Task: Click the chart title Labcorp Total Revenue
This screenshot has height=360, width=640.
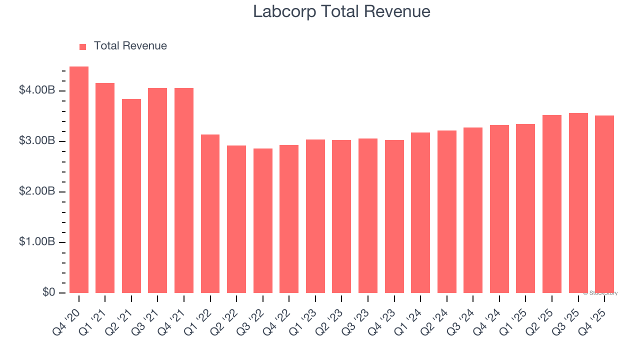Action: click(341, 11)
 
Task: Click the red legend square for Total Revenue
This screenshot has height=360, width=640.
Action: click(82, 46)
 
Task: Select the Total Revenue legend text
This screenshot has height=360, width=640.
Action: click(130, 46)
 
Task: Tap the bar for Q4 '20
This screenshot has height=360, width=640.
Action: click(79, 180)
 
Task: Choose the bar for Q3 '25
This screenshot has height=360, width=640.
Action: click(578, 203)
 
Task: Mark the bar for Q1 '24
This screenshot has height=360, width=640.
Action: click(420, 213)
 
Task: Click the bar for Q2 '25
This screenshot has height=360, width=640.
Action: click(552, 204)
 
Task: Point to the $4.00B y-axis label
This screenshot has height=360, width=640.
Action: click(37, 90)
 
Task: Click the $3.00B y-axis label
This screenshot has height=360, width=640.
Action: click(37, 141)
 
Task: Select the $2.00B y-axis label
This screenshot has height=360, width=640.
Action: click(37, 191)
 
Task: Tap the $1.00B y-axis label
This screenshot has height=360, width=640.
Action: click(37, 242)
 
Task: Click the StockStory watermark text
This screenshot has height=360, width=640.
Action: click(600, 293)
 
